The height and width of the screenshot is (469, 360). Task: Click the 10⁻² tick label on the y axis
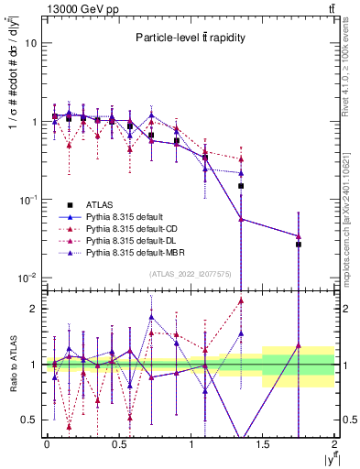28,278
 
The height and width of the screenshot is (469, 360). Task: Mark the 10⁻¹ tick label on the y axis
28,200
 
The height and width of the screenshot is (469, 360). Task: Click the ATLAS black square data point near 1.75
299,245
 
